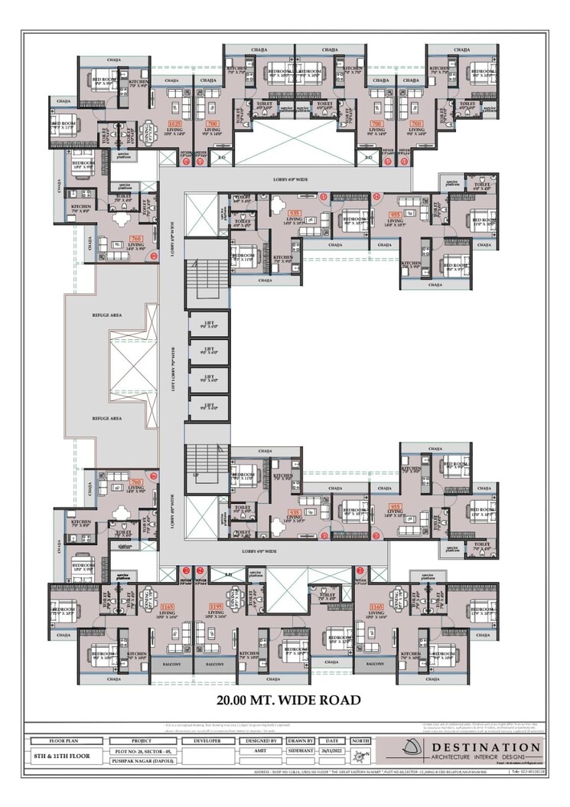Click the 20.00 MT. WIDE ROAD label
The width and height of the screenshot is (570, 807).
288,699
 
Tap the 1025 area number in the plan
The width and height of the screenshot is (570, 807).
175,123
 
